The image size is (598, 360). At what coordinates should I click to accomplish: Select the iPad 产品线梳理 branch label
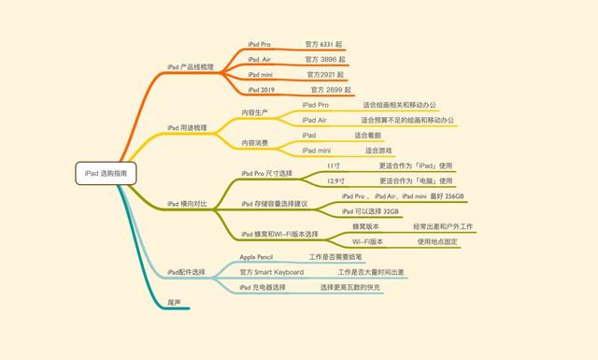191,66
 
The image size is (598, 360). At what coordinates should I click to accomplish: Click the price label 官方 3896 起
326,59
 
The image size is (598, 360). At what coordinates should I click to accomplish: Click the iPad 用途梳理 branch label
188,127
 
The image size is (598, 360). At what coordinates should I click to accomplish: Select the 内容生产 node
255,112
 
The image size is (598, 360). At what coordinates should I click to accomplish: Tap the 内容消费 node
255,142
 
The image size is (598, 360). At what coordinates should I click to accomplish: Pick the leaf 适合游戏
378,150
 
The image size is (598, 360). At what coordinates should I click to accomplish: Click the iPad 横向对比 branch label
188,203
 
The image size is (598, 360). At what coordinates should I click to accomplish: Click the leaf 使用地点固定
437,241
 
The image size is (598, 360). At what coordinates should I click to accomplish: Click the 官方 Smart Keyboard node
271,271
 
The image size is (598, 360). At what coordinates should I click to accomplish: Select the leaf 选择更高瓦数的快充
349,287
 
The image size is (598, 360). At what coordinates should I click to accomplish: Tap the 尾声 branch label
174,302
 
